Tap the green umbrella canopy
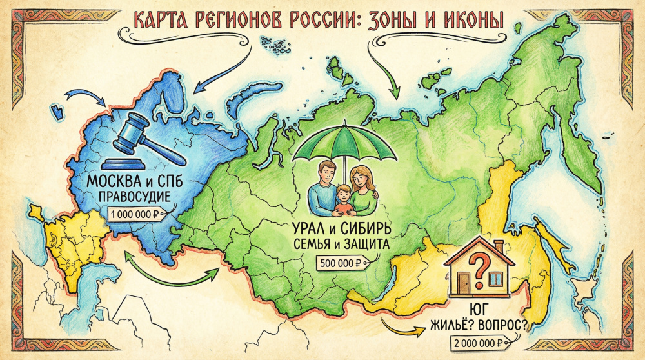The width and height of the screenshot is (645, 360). coord(344,145)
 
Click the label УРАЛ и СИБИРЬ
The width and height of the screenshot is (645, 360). coord(341,228)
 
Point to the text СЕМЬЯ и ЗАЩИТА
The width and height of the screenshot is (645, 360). coord(341,245)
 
